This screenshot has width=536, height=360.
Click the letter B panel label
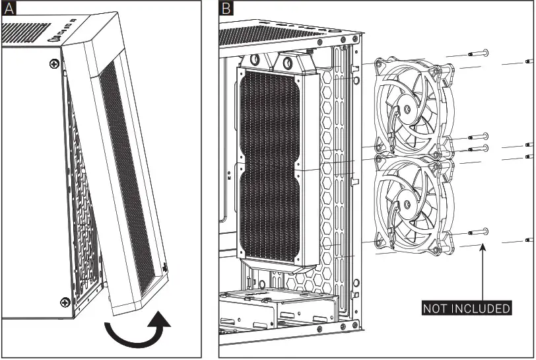click(226, 9)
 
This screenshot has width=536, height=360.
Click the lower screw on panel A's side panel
click(65, 302)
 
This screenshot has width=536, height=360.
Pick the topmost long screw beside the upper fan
click(477, 54)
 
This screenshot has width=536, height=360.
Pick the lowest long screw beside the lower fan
click(477, 232)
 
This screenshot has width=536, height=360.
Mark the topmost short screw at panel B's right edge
click(528, 61)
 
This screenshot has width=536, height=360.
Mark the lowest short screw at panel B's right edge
click(529, 240)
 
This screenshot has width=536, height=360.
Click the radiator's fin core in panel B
click(271, 165)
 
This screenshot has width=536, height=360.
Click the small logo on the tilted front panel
click(162, 268)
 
